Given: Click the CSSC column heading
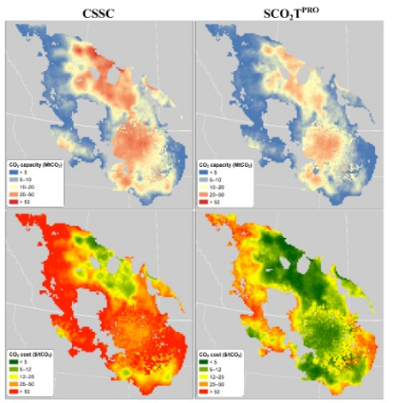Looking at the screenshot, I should [99, 12].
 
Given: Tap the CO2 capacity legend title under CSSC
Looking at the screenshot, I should [39, 165].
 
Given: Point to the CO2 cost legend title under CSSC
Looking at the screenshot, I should [39, 353].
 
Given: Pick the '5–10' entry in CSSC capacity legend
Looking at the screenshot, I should [28, 180].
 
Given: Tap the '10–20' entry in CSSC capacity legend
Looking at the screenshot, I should [29, 188].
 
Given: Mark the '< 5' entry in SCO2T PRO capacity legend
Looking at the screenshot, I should [217, 173].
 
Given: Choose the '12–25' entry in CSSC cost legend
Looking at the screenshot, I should [29, 376].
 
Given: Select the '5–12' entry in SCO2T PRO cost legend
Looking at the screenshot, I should [219, 368].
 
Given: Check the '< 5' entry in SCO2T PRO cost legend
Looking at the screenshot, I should [217, 360].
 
